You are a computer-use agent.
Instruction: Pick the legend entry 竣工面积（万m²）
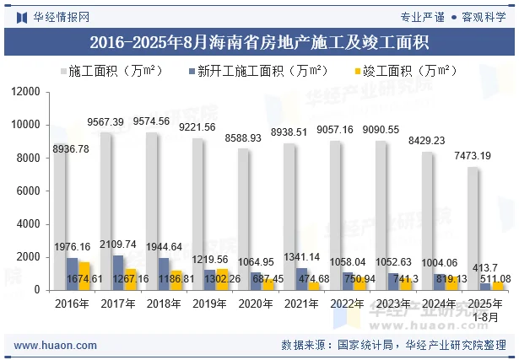click(402, 71)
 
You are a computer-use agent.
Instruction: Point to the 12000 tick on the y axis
click(27, 91)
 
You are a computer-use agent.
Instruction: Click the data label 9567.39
click(105, 122)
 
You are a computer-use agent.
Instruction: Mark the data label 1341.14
click(301, 257)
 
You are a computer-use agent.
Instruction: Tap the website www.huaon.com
click(56, 345)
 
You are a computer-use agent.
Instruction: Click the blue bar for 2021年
click(301, 279)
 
